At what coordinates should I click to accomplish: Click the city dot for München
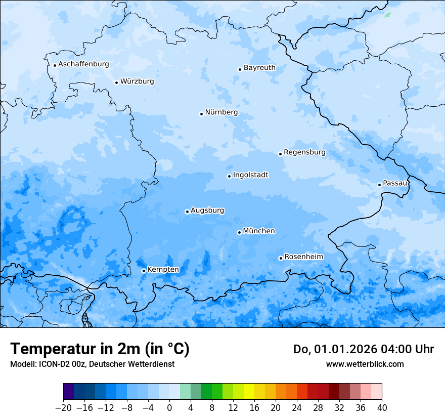(239, 232)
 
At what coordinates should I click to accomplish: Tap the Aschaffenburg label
(83, 64)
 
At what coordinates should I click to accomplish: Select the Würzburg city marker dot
(116, 82)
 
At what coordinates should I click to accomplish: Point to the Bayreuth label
(259, 68)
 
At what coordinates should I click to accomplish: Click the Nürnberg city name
(221, 112)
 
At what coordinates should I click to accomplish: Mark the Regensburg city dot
(280, 154)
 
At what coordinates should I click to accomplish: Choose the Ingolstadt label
(250, 175)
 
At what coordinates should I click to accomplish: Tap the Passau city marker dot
(379, 185)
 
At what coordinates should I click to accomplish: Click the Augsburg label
(207, 211)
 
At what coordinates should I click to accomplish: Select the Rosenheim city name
(303, 257)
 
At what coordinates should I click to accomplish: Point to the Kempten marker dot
(144, 271)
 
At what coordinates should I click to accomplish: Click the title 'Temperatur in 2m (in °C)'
(100, 349)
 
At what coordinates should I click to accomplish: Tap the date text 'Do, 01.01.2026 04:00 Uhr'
(364, 349)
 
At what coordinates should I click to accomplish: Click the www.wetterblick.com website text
(365, 364)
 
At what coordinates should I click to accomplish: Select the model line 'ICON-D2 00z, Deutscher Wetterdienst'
(92, 364)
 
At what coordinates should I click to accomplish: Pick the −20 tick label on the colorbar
(63, 408)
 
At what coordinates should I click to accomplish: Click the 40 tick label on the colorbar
(382, 408)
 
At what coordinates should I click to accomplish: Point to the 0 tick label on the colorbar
(169, 408)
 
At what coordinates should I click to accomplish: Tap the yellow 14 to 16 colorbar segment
(249, 392)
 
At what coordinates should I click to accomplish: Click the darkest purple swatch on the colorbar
(69, 392)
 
